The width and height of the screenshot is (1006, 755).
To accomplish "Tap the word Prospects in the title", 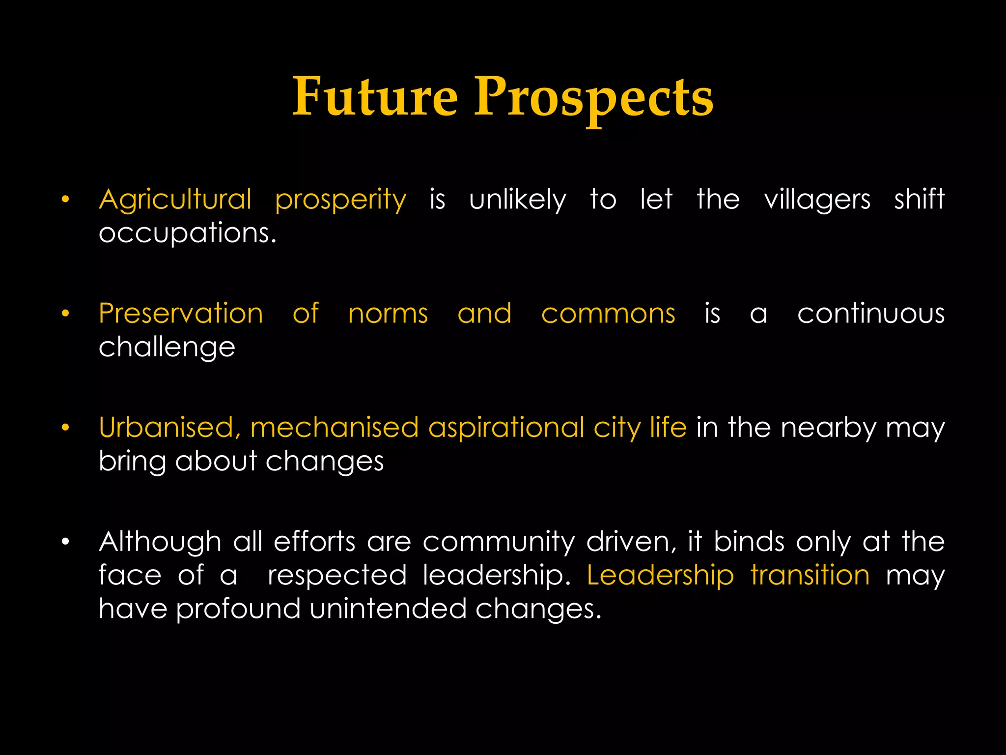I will click(x=593, y=97).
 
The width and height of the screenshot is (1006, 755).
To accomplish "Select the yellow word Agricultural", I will click(x=175, y=200).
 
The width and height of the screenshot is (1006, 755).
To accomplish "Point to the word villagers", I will click(x=817, y=200).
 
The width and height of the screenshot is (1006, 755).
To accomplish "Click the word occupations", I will click(x=188, y=233).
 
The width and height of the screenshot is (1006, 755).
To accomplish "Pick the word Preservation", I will click(x=181, y=314).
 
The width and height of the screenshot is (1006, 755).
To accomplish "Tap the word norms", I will click(x=388, y=314).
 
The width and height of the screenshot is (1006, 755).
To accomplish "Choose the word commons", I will click(x=608, y=314).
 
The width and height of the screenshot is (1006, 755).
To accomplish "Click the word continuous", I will click(x=871, y=314).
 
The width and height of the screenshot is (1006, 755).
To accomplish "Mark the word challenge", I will click(x=167, y=348).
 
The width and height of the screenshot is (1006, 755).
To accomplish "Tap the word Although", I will click(x=160, y=542).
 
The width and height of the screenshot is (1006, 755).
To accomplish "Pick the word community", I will click(x=499, y=542).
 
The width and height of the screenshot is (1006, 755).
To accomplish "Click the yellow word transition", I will click(x=810, y=575).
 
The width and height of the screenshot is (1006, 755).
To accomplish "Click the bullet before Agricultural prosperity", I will click(x=65, y=200).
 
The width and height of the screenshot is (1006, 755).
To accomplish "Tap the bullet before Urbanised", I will click(x=65, y=428).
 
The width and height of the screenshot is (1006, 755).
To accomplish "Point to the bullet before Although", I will click(x=65, y=542).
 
